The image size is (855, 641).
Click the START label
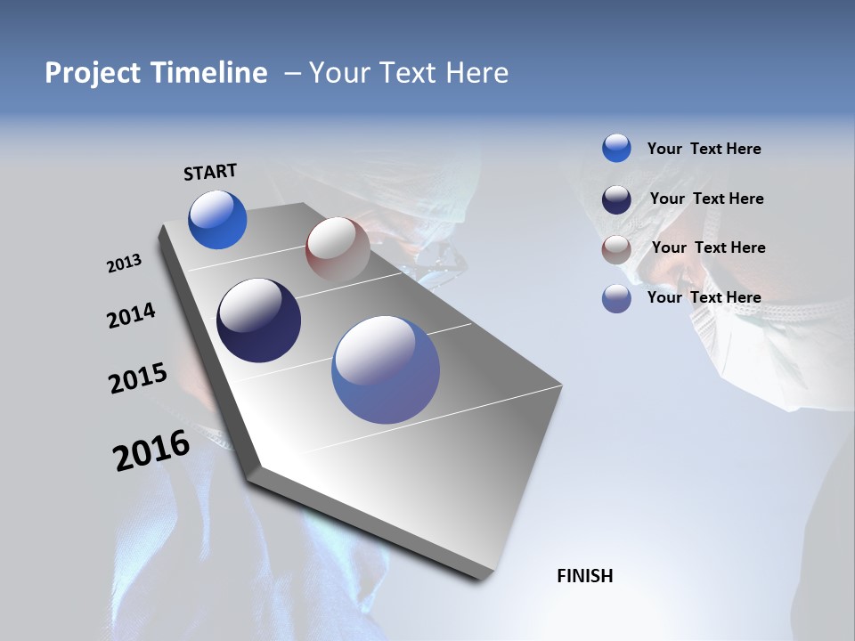pos(210,172)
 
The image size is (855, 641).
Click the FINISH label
pos(584,576)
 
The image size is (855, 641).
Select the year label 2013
pos(124,264)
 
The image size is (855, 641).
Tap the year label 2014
pos(131,316)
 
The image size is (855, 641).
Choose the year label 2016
pos(151,450)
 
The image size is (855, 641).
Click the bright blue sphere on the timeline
pos(217,220)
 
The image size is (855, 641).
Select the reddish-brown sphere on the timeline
pos(338,249)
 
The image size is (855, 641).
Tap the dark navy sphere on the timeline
pos(258,320)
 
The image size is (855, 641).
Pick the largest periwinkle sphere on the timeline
pos(386,369)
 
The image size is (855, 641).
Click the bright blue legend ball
pos(616,148)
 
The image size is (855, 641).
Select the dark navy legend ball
pos(616,199)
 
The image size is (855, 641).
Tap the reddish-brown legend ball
pos(616,248)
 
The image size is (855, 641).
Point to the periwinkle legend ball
pos(616,298)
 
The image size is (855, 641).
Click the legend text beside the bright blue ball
pos(704,149)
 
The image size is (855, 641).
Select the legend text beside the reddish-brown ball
pos(708,247)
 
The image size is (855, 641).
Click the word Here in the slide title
pos(476,73)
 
